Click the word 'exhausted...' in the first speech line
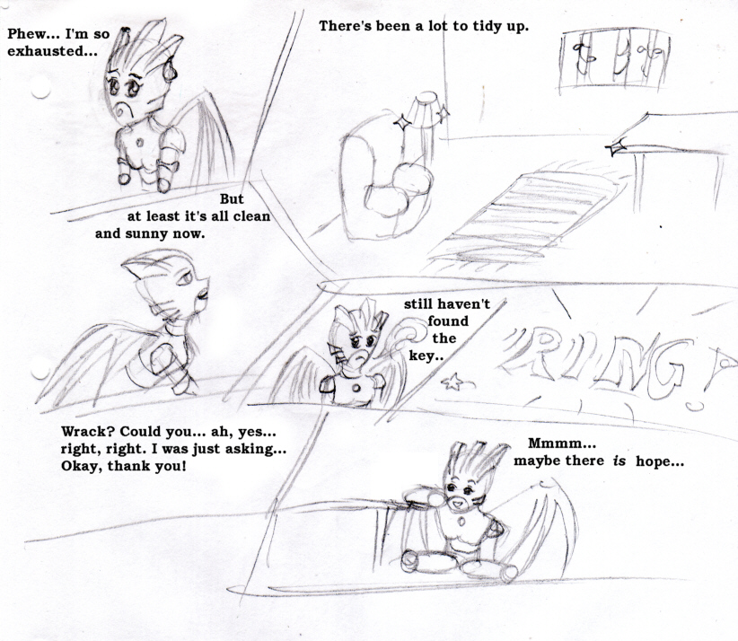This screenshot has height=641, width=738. (52, 51)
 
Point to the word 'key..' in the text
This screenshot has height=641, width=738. (426, 356)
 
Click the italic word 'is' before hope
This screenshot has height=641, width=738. (619, 461)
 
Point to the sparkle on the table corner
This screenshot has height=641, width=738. (616, 148)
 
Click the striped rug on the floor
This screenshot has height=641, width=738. (523, 217)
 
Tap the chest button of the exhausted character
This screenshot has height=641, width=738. (140, 142)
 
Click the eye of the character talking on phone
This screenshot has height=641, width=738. (184, 278)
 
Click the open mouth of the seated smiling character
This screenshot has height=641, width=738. (458, 505)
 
